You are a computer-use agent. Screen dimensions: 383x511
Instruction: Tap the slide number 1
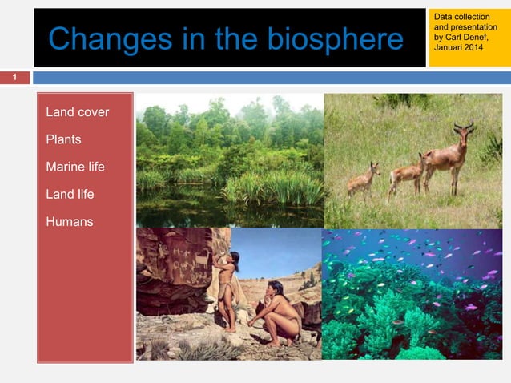coord(14,78)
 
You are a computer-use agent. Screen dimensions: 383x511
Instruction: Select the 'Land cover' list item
coord(78,111)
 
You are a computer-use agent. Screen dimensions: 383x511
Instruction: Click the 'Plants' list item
coord(63,139)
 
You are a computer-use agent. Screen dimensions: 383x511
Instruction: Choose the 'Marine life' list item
coord(75,167)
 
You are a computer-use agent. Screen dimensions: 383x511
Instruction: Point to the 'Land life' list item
coord(70,194)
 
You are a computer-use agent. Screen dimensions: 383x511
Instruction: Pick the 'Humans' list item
coord(70,221)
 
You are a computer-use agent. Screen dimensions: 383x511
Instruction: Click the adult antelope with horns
coord(449,156)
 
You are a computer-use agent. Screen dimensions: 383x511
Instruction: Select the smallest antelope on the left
coord(364,180)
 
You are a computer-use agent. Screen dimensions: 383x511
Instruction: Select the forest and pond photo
coord(229,160)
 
